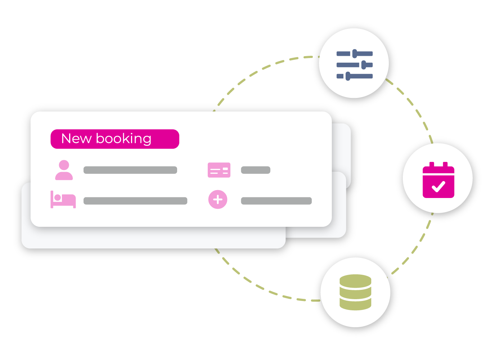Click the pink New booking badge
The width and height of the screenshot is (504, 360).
pyautogui.click(x=115, y=139)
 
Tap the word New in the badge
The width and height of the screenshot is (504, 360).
pyautogui.click(x=76, y=139)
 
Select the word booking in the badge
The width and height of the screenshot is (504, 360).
pyautogui.click(x=123, y=139)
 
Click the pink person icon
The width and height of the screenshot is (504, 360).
pyautogui.click(x=64, y=170)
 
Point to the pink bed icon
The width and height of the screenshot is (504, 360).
pyautogui.click(x=63, y=200)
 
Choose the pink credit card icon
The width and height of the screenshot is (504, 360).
pyautogui.click(x=219, y=170)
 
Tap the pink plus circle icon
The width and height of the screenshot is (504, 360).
pyautogui.click(x=218, y=199)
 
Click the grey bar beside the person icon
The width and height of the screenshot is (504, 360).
pyautogui.click(x=130, y=170)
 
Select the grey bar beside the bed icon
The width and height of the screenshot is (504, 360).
pyautogui.click(x=135, y=201)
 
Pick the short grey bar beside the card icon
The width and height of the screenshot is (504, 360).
pyautogui.click(x=256, y=170)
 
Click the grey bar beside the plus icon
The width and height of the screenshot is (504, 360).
pyautogui.click(x=276, y=201)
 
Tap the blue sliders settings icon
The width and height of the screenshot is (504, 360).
pyautogui.click(x=354, y=65)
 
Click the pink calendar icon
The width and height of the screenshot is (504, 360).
pyautogui.click(x=438, y=180)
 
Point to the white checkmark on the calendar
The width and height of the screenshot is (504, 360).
pyautogui.click(x=438, y=186)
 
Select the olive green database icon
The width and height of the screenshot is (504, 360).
pyautogui.click(x=355, y=292)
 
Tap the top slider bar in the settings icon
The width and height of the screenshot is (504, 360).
pyautogui.click(x=355, y=54)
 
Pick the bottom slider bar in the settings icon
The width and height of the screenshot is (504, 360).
pyautogui.click(x=355, y=76)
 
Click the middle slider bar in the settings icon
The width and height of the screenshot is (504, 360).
pyautogui.click(x=355, y=65)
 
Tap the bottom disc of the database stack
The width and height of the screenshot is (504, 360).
pyautogui.click(x=355, y=305)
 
